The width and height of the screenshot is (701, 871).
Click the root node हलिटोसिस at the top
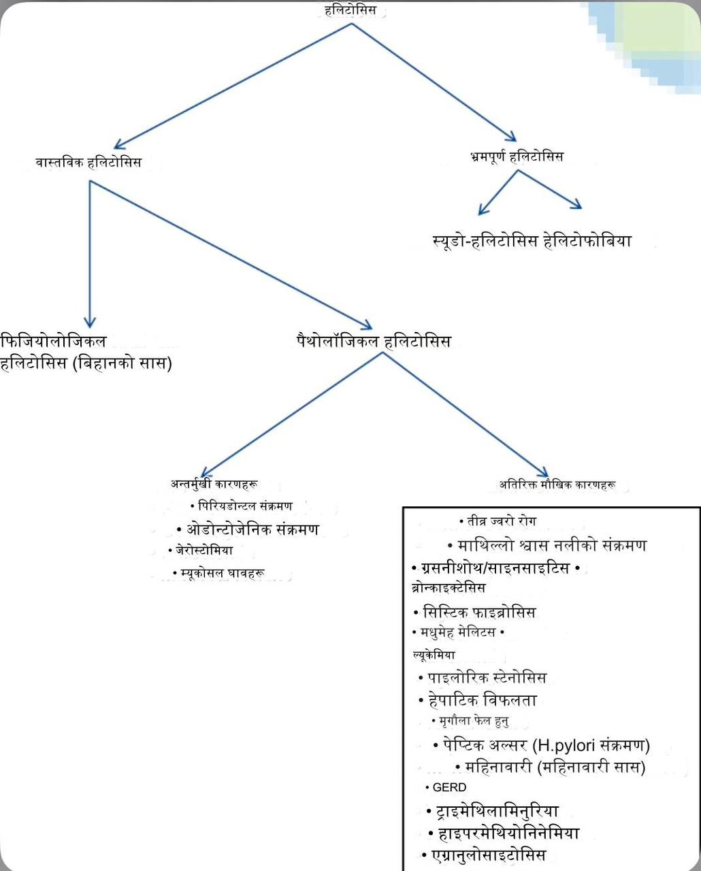[350, 11]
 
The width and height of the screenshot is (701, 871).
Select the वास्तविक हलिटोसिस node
[88, 163]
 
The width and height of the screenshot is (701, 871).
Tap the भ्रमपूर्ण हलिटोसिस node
[517, 157]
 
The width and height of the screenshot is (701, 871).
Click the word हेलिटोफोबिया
[587, 241]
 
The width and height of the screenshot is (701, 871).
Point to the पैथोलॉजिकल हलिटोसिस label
[374, 340]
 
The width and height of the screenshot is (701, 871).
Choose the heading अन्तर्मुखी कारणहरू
[214, 484]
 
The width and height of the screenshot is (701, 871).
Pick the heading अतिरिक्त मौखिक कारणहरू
[557, 485]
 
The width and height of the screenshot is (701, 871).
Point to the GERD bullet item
[449, 787]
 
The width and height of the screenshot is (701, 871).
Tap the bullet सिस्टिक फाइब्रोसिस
[479, 612]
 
